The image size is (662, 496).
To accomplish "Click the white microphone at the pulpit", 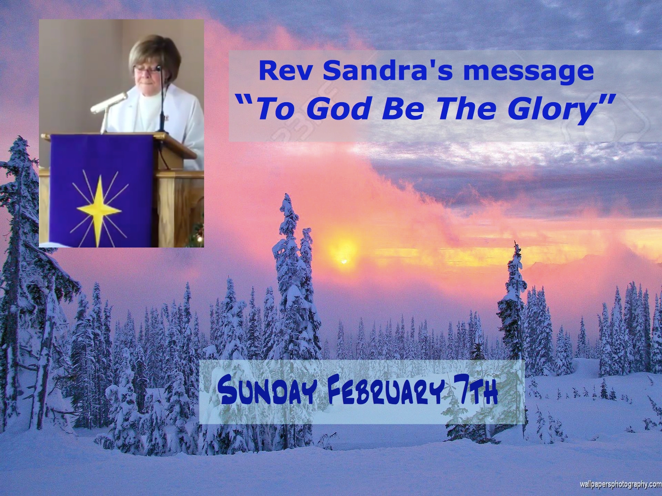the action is click(109, 103).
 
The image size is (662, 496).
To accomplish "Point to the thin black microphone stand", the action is click(163, 99).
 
